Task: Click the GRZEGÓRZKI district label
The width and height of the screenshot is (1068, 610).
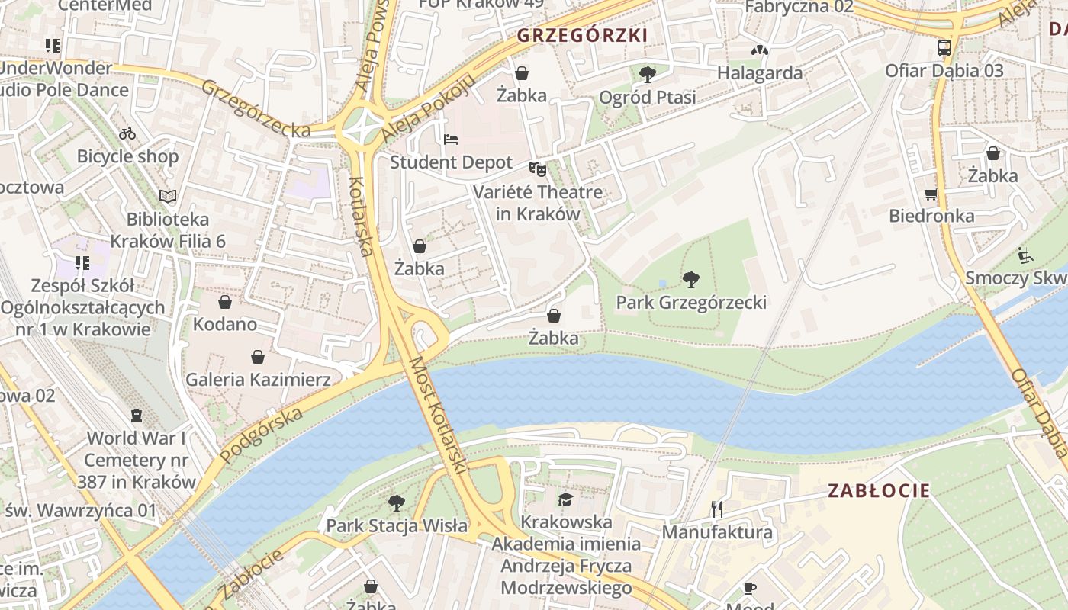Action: [x=582, y=35]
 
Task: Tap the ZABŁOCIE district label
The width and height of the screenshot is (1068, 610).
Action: [x=879, y=490]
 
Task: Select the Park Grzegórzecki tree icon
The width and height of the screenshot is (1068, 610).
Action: [x=691, y=280]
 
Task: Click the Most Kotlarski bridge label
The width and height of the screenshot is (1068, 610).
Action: [x=436, y=416]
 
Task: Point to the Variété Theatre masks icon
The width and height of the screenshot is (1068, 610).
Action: [x=538, y=169]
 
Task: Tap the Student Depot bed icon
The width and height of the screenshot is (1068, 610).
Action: [x=451, y=140]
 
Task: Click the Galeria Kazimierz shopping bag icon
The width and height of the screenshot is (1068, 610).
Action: [x=258, y=357]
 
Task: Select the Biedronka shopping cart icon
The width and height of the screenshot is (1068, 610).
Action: [x=931, y=194]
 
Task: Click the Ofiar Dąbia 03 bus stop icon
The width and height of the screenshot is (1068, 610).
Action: [x=944, y=48]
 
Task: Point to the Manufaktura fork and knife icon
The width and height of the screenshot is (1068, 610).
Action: [x=716, y=509]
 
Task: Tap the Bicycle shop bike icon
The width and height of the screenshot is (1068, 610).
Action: [x=127, y=134]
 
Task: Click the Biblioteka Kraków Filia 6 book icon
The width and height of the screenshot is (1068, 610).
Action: [x=168, y=197]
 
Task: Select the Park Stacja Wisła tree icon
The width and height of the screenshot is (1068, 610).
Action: [x=396, y=503]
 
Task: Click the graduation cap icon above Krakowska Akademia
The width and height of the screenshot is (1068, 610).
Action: [x=565, y=499]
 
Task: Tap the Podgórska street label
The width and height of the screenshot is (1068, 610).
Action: [x=261, y=435]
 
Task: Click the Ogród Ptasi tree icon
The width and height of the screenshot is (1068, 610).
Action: [x=647, y=75]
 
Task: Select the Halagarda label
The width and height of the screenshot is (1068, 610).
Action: [x=759, y=73]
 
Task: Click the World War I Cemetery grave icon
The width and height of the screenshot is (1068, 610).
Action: [x=137, y=416]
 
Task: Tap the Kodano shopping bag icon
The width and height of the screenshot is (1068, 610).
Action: [x=224, y=302]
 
